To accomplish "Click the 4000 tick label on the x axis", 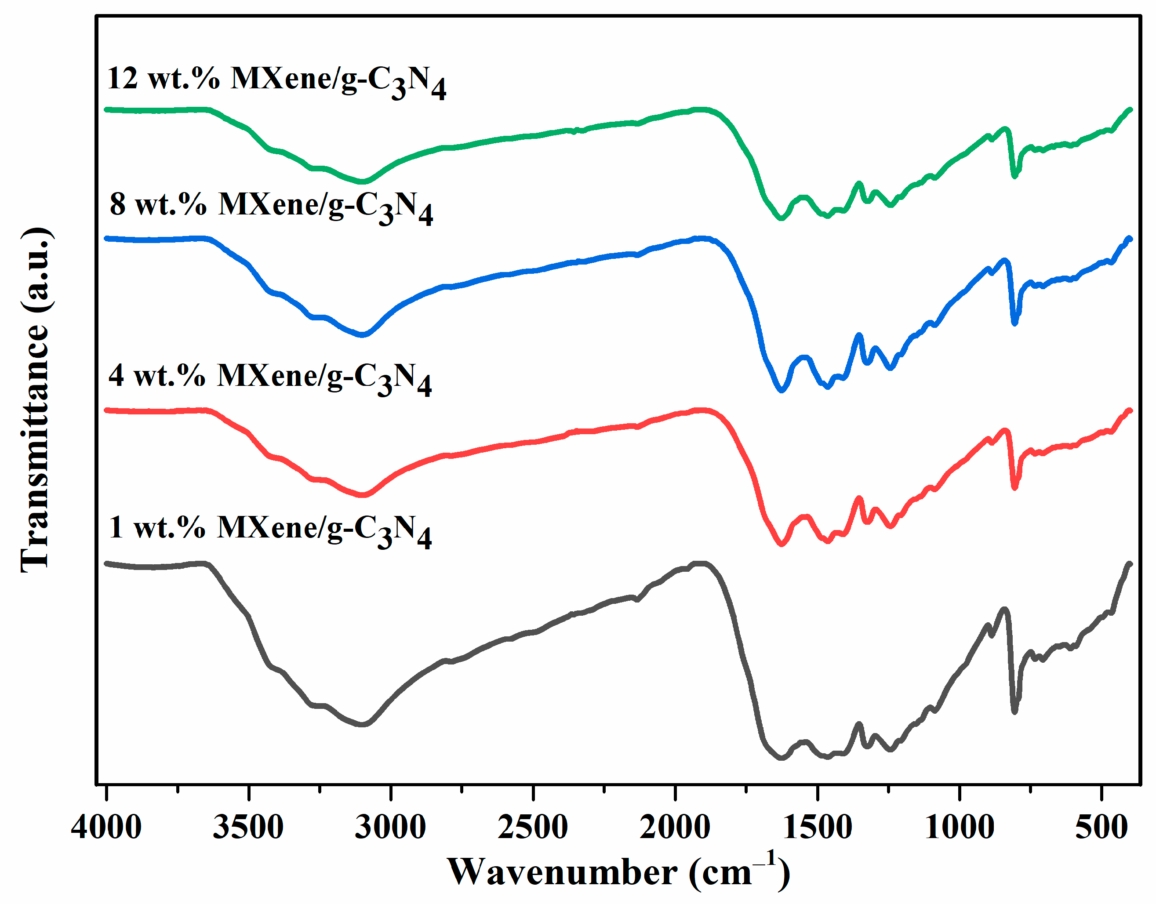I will point(106,827).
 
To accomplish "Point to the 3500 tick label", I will point(248,827).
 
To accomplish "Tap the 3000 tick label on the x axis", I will point(391,827).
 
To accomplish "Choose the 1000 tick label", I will point(960,827).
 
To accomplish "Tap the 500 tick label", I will point(1101,827).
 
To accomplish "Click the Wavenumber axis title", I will point(619,872).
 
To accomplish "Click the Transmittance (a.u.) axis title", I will point(36,400).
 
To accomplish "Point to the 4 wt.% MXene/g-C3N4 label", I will point(270,378).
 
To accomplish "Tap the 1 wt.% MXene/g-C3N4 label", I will point(270,530).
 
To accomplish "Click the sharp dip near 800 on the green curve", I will point(1014,176).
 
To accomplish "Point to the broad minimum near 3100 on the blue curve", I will point(363,334).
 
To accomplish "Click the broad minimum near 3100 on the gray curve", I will point(363,724).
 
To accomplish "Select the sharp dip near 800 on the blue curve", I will point(1014,323).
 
